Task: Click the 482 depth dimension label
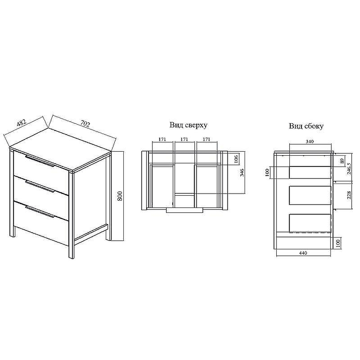22,123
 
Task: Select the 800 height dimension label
120,196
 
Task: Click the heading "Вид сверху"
188,125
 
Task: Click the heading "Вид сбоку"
306,126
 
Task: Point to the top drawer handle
40,161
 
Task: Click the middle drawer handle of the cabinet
40,186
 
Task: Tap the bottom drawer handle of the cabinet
40,211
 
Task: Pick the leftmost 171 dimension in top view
162,139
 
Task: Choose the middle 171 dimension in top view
184,139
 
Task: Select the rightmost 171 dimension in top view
207,139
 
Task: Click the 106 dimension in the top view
237,158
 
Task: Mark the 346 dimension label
242,172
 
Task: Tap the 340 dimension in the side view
310,141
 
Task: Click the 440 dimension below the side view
303,253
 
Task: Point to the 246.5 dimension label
349,169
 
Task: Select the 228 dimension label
349,195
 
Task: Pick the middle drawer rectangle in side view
310,195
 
